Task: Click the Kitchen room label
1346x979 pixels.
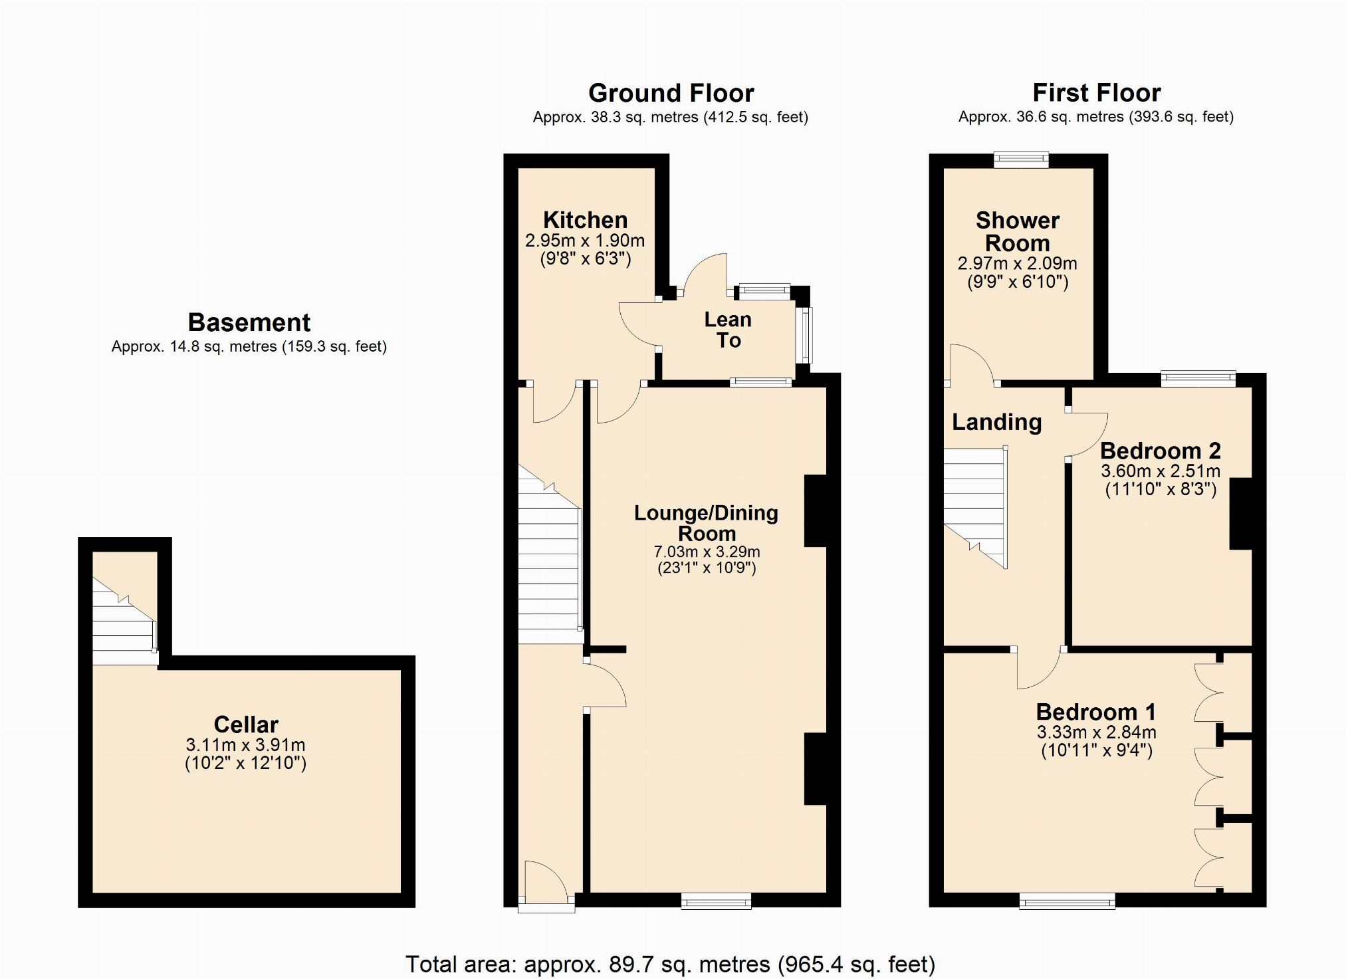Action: pyautogui.click(x=585, y=220)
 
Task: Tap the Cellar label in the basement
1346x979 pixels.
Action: pyautogui.click(x=246, y=724)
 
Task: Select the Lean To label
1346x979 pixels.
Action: pyautogui.click(x=728, y=330)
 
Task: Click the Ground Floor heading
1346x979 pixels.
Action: pyautogui.click(x=671, y=93)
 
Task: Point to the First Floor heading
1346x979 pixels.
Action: pyautogui.click(x=1096, y=92)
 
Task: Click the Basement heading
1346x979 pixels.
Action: pyautogui.click(x=249, y=322)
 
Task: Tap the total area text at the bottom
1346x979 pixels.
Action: pyautogui.click(x=670, y=964)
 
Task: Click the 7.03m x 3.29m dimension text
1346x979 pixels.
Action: pyautogui.click(x=707, y=552)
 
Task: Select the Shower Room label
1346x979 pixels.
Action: pyautogui.click(x=1018, y=231)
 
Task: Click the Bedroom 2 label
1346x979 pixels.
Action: pyautogui.click(x=1161, y=451)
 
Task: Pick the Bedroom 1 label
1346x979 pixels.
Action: pyautogui.click(x=1096, y=712)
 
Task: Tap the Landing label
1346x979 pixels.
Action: pyautogui.click(x=996, y=422)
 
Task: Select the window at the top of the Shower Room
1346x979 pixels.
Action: pyautogui.click(x=1022, y=160)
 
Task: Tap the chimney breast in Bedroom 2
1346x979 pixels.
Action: pyautogui.click(x=1241, y=514)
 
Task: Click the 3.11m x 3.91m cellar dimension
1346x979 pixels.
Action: pyautogui.click(x=246, y=745)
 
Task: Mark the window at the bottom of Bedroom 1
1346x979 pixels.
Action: pyautogui.click(x=1067, y=901)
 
